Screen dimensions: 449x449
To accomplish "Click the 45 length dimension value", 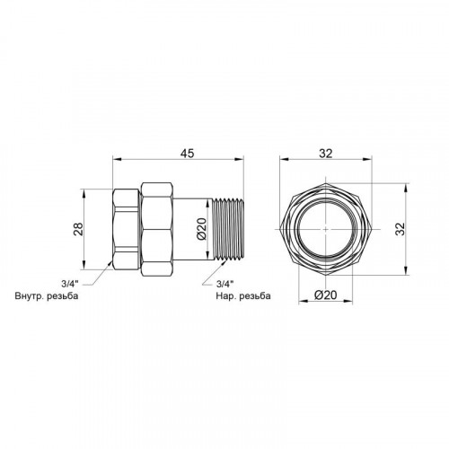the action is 187,153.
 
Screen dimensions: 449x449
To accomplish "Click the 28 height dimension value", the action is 78,229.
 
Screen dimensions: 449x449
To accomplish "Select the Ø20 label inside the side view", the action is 202,229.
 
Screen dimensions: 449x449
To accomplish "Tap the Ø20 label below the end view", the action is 325,295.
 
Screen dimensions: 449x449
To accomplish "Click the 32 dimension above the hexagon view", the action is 325,154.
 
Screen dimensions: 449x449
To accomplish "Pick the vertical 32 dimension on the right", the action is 401,229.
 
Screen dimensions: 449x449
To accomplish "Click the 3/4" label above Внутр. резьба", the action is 70,283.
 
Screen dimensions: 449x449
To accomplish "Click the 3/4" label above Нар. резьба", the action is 224,283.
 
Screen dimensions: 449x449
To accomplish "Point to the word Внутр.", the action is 29,296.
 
